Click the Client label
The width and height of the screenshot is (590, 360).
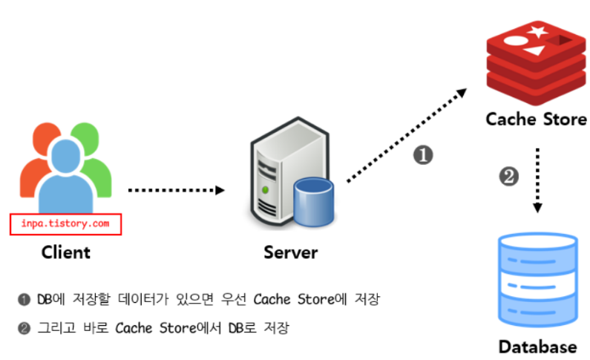(65, 252)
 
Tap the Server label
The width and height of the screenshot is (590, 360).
(290, 252)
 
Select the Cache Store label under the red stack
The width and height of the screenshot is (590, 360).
(536, 119)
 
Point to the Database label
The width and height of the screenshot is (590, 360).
(537, 346)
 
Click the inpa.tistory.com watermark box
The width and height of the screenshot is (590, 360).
(65, 223)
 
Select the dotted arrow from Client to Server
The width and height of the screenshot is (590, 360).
(175, 190)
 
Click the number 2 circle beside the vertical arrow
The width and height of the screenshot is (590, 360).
(508, 177)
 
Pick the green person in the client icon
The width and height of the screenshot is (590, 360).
(96, 160)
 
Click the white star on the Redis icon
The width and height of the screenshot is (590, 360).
(538, 30)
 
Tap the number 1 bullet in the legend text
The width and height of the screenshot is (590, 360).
(24, 299)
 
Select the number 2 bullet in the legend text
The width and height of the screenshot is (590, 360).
(24, 327)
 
